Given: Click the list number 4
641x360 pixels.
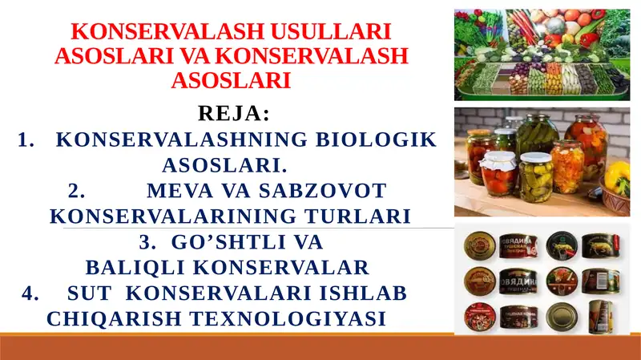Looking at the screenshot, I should [x=30, y=293].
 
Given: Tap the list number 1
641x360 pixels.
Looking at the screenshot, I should [x=24, y=140].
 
